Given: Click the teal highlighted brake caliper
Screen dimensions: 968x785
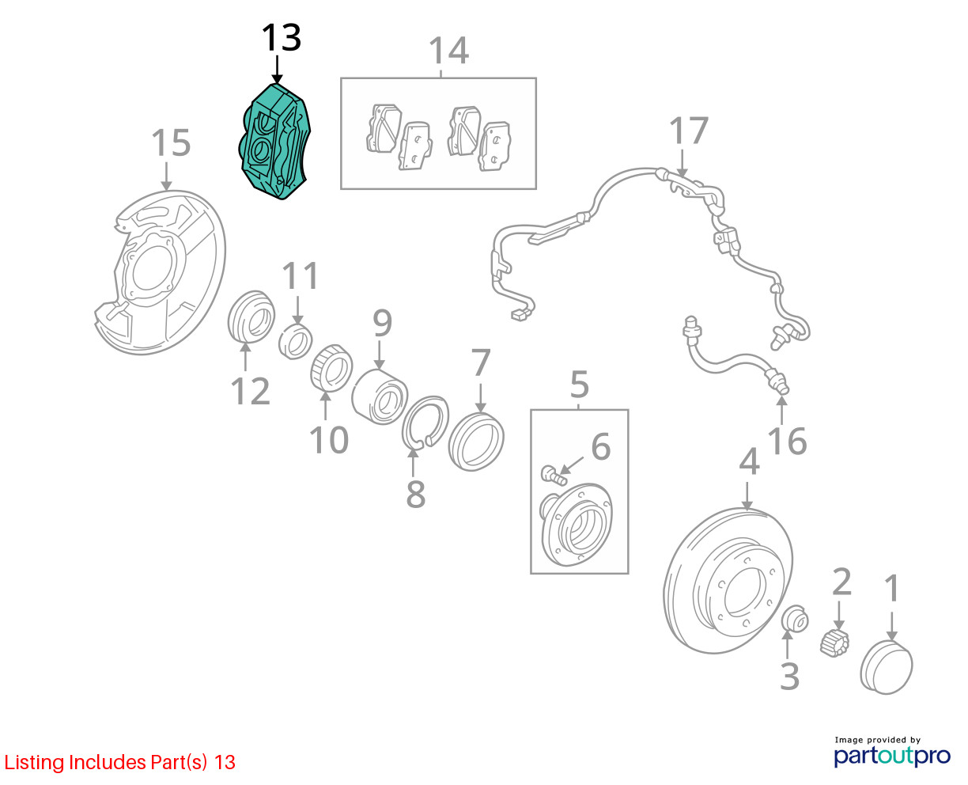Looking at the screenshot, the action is tap(275, 142).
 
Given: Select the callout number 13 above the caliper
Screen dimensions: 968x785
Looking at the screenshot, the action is tap(282, 38).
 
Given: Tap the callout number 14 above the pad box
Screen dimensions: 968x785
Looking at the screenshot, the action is tap(448, 51).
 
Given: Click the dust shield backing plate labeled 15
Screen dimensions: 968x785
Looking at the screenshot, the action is tap(160, 272).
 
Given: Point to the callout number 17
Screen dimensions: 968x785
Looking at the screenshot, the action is tap(689, 131).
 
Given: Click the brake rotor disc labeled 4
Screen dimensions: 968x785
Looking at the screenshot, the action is tap(728, 581).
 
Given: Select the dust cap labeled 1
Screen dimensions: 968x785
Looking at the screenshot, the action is tap(886, 667).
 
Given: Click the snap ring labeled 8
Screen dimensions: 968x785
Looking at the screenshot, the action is tap(425, 422).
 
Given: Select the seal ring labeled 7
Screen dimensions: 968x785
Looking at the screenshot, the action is tap(476, 441).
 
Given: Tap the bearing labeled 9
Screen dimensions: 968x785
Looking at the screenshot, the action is tap(380, 396).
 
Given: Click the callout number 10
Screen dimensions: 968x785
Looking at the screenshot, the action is tap(328, 440).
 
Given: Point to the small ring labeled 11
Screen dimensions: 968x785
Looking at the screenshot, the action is tap(296, 341).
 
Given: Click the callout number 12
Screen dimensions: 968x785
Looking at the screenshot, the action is tap(251, 391).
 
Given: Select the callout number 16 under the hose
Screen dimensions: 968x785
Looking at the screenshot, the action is tap(787, 441).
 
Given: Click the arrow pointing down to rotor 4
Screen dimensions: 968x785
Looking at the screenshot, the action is tap(747, 495).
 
